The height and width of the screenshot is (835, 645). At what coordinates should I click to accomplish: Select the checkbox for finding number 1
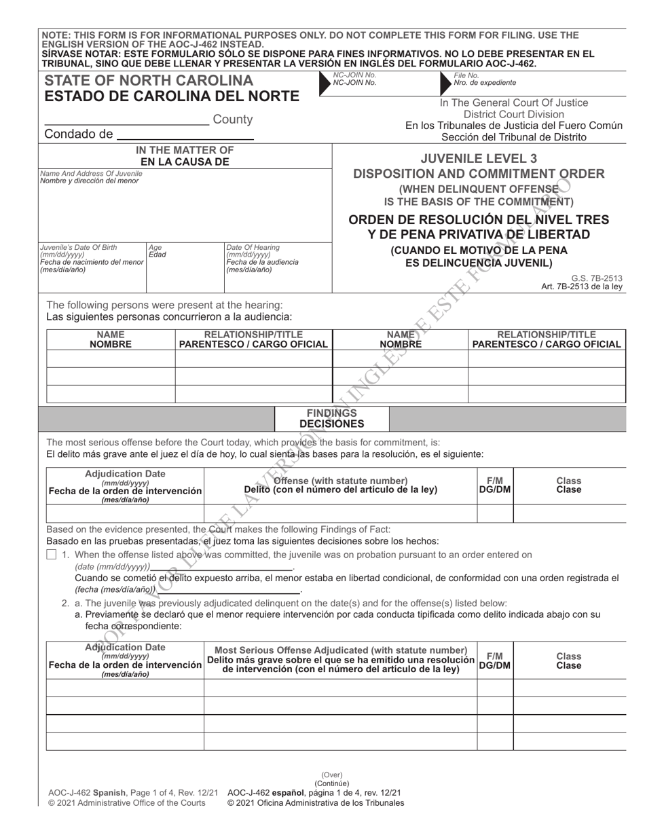[x=52, y=555]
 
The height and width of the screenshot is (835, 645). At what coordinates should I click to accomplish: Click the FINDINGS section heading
[x=331, y=413]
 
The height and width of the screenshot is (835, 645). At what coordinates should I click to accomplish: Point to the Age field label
[x=155, y=248]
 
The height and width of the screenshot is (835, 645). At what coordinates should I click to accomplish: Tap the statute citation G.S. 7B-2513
[x=597, y=278]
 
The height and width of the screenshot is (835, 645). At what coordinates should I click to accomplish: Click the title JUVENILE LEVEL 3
[x=479, y=158]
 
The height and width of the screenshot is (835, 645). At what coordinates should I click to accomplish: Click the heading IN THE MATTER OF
[x=185, y=150]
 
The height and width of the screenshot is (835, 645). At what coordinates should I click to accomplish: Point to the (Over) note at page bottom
[x=332, y=775]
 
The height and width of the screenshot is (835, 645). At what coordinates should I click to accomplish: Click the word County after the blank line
[x=233, y=119]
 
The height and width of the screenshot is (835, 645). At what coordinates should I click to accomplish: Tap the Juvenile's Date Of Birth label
[x=78, y=248]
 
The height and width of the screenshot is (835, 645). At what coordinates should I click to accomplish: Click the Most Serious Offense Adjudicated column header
[x=341, y=650]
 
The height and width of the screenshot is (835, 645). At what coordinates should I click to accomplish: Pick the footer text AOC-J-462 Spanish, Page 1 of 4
[x=133, y=792]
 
